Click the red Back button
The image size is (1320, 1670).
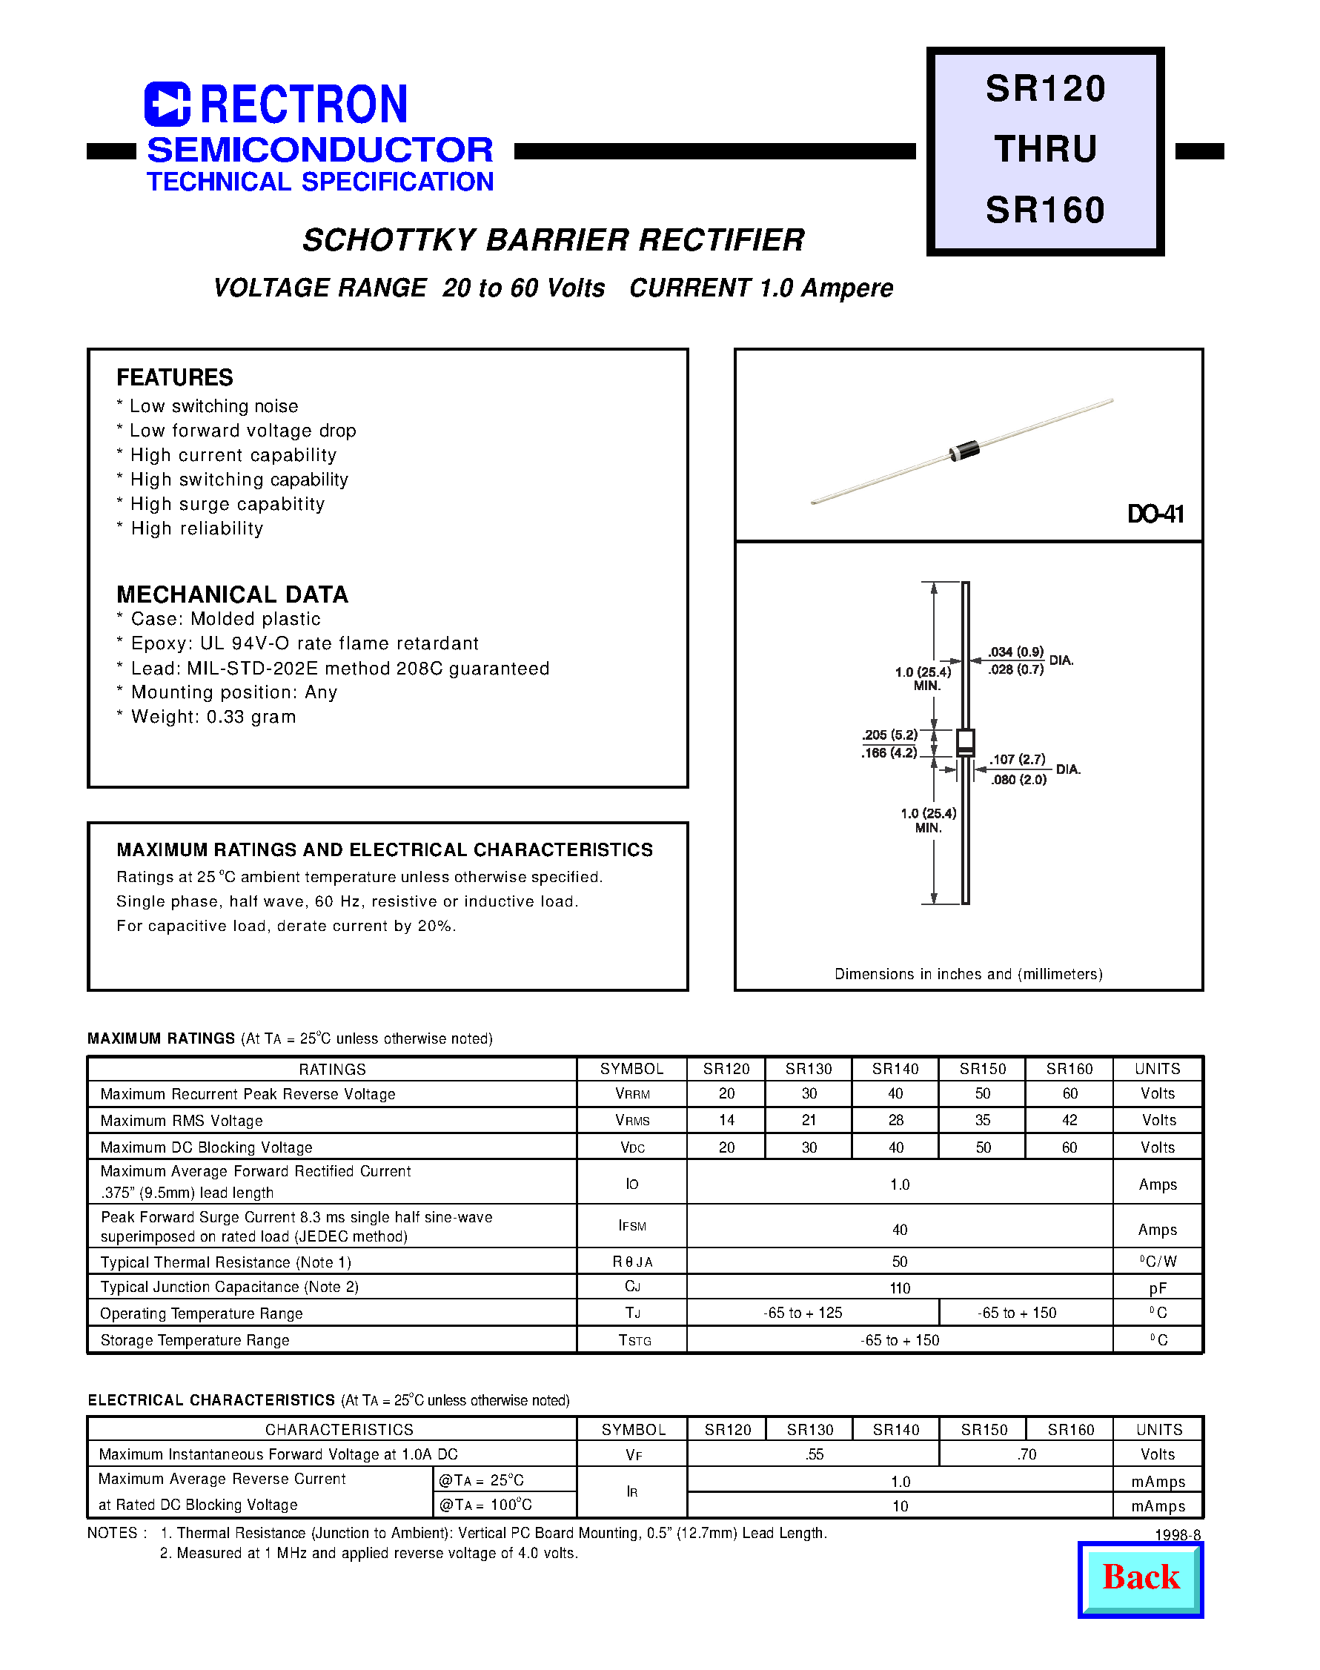pos(1140,1579)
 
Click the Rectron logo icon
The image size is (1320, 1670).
pos(167,104)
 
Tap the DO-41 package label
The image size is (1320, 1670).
pos(1155,514)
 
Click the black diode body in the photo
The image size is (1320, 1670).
pos(964,449)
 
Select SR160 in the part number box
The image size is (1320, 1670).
pos(1045,211)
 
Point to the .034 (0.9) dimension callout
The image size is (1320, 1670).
pos(1015,652)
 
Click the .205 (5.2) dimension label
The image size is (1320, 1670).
pos(890,735)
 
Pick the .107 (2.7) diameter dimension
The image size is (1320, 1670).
pos(1018,759)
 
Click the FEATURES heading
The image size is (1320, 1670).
pos(175,377)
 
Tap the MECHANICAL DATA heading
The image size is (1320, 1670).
pos(232,594)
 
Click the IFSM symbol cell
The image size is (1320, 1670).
pos(631,1226)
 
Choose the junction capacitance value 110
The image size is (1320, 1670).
pos(900,1288)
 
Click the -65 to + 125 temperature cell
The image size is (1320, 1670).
pos(802,1312)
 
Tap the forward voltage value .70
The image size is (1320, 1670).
pos(1027,1454)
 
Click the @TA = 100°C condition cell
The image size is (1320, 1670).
pos(485,1505)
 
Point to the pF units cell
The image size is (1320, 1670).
pos(1157,1288)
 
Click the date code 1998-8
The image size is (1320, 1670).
pos(1178,1535)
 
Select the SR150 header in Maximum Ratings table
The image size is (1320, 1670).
pos(982,1069)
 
